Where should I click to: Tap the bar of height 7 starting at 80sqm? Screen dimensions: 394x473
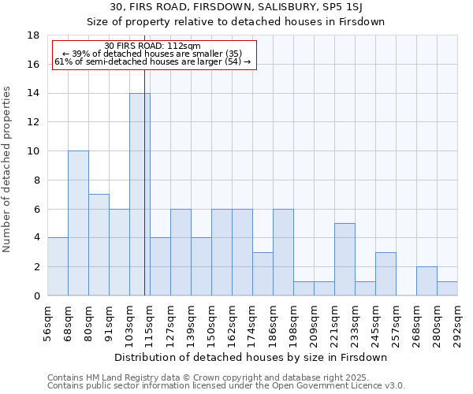coord(99,245)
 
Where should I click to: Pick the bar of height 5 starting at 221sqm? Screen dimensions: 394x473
coord(345,259)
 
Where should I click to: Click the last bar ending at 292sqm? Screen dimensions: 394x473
coord(447,288)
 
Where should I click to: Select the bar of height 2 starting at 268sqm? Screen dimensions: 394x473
coord(426,281)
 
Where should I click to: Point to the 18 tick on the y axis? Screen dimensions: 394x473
coord(33,35)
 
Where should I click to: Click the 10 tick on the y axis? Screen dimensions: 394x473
coord(33,151)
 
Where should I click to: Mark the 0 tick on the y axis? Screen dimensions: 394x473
coord(36,296)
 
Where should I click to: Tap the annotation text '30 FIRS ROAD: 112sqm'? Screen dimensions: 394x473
coord(153,46)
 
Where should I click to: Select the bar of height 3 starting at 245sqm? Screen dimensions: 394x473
coord(385,274)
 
